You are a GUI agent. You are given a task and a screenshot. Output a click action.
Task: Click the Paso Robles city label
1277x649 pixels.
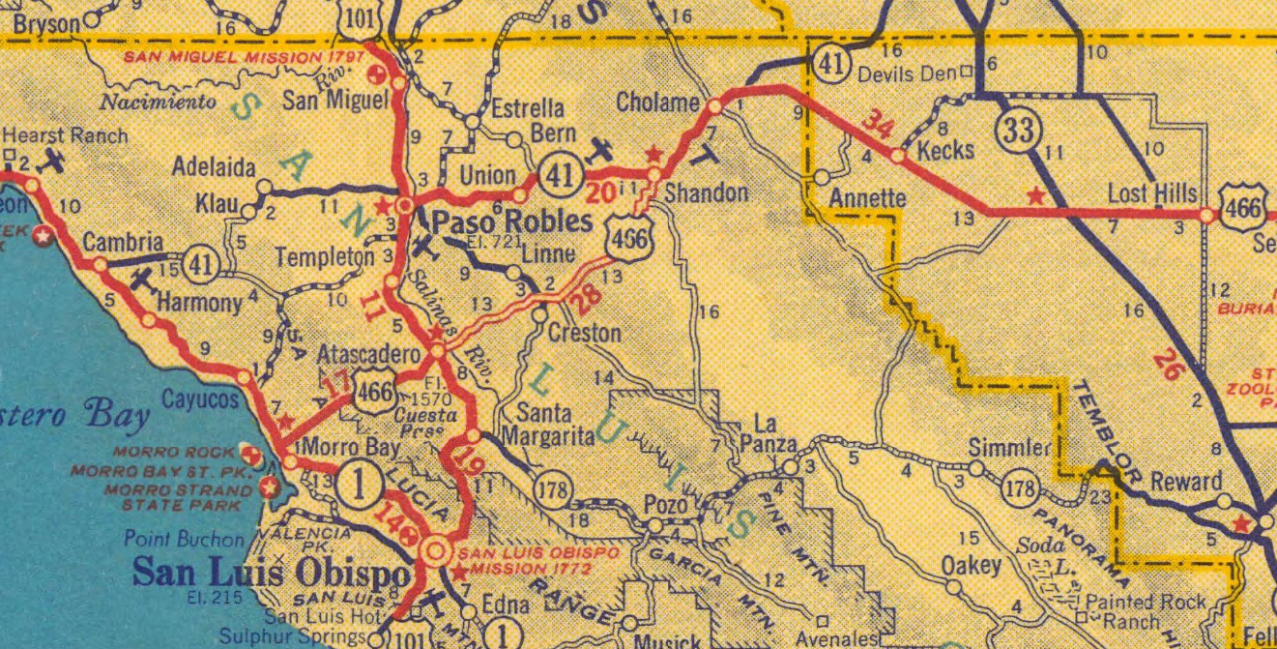[x=511, y=221]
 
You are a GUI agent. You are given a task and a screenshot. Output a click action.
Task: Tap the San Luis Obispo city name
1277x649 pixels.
[x=271, y=573]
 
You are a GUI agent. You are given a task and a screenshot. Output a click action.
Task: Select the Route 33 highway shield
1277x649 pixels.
[x=1019, y=130]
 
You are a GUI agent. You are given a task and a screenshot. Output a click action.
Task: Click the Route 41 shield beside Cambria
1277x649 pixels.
[x=200, y=263]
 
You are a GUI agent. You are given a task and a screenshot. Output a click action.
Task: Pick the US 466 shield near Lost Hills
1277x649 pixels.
[x=1242, y=208]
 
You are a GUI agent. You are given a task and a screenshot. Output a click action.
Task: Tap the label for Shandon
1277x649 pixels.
[x=707, y=192]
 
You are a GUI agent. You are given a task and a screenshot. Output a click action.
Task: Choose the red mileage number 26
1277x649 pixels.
[x=1171, y=367]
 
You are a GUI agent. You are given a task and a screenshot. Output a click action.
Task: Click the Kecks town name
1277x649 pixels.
[x=944, y=151]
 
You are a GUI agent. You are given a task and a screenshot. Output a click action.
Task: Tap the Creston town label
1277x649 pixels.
[x=584, y=333]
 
